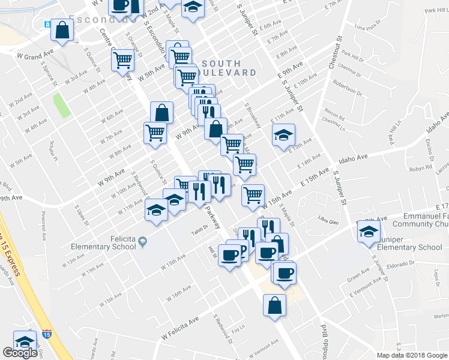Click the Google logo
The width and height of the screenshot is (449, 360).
pos(20,353)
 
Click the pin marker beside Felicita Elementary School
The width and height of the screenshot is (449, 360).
pos(143,241)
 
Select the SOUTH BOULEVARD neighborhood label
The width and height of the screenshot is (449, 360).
pos(229,68)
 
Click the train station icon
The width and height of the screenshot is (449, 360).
pos(47,25)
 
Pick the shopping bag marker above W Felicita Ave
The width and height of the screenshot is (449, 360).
pos(274,304)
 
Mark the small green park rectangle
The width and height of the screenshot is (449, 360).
pos(62,105)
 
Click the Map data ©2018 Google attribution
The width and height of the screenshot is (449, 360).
pos(411,355)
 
